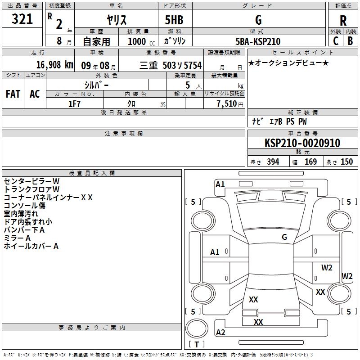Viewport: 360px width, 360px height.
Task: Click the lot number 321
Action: (22, 19)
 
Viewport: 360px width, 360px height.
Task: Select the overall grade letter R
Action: (343, 21)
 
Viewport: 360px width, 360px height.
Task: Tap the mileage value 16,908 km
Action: (54, 65)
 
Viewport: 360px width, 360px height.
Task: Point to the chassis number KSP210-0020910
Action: (302, 143)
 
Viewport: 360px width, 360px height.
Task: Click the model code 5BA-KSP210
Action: (258, 41)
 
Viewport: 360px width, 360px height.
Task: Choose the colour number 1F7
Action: (74, 104)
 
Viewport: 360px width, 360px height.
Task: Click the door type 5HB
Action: (174, 20)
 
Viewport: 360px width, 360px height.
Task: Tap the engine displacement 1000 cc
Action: (141, 41)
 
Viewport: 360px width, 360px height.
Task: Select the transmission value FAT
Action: (13, 94)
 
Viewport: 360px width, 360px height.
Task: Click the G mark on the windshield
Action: (284, 237)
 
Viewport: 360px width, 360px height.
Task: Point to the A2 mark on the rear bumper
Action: (220, 332)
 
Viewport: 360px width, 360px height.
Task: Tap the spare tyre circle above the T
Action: (197, 328)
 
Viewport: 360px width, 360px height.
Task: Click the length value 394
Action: (273, 162)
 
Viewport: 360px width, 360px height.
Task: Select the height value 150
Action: (346, 162)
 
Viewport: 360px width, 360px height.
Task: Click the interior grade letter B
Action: (350, 41)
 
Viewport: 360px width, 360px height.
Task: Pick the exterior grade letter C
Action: (336, 41)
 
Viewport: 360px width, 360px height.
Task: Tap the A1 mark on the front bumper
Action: (220, 184)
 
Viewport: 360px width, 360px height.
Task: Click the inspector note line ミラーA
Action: (17, 238)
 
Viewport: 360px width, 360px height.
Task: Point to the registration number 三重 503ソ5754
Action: (171, 65)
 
